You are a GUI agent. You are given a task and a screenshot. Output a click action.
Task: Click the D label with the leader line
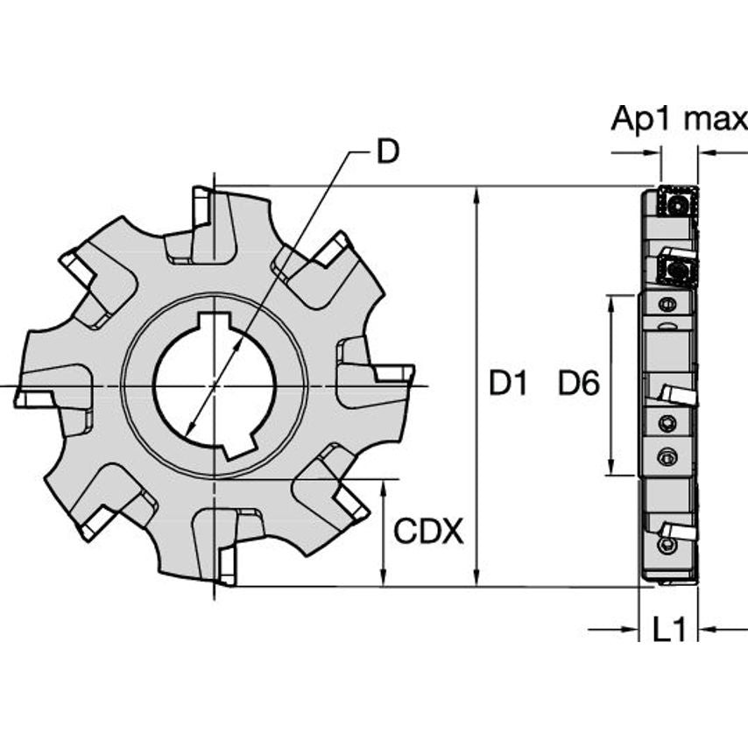[x=386, y=152]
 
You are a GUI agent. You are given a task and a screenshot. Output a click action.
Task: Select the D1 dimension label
[x=508, y=384]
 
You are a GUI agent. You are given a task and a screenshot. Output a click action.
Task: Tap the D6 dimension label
[x=579, y=384]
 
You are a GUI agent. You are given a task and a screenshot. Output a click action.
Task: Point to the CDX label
[x=428, y=531]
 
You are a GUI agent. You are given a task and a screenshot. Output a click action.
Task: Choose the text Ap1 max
[x=679, y=119]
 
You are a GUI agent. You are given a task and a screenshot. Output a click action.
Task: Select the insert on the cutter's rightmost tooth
[x=396, y=374]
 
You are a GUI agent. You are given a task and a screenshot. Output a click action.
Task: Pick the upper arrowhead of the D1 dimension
[x=476, y=195]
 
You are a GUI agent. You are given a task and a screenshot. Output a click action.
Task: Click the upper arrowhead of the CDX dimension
[x=384, y=488]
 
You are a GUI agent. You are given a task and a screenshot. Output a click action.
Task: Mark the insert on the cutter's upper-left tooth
[x=76, y=269]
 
